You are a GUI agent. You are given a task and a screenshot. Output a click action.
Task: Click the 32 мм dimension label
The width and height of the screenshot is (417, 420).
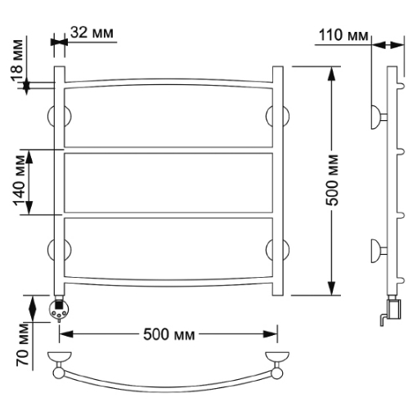point(92,33)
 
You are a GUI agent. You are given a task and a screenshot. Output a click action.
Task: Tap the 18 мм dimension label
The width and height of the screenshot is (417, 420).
point(17,60)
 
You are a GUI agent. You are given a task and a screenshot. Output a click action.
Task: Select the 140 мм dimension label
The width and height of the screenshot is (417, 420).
point(20,181)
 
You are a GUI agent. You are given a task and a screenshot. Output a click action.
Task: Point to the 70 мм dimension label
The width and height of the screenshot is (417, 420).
point(23,345)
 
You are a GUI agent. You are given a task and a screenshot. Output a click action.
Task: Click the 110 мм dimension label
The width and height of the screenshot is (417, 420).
point(343,35)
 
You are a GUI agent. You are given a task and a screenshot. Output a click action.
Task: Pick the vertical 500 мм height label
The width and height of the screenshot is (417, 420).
point(332,181)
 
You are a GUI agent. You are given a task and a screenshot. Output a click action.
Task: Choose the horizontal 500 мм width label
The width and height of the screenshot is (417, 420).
point(169,334)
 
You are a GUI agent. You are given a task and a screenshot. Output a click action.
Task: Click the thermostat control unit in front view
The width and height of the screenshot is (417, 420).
point(59,309)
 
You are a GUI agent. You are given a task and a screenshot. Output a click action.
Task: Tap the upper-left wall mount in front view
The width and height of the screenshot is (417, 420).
point(60,116)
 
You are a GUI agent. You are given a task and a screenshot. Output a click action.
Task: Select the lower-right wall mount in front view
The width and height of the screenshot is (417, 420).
point(278,250)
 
